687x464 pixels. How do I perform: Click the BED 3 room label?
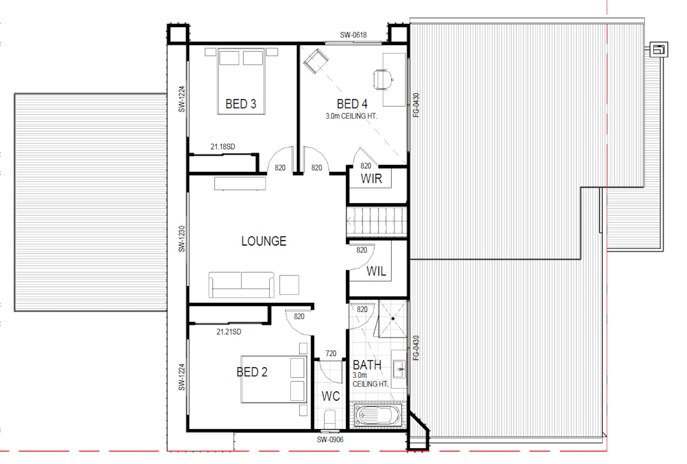coord(241,104)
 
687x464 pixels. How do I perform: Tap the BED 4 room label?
coord(352,104)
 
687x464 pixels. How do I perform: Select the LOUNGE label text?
coord(264,241)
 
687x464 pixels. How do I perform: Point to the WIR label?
coord(371,179)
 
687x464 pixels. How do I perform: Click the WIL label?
coord(376,271)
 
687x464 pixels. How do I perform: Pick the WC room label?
coord(331,396)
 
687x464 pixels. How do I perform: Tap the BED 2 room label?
coord(252,372)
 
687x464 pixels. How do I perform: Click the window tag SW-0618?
coord(353,35)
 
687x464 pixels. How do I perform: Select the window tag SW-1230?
coord(182,239)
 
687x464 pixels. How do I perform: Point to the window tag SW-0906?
coord(330,440)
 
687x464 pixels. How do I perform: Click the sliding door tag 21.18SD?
coord(223,147)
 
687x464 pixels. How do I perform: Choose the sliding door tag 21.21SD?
coord(229,332)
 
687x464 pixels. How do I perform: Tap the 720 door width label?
coord(331,354)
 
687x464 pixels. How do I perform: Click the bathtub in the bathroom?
coord(377,415)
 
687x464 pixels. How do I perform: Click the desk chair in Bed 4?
coord(383,80)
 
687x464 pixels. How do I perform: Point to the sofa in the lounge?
coord(241,285)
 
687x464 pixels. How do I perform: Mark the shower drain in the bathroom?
coord(393,319)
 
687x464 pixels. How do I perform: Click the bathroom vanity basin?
coord(399,369)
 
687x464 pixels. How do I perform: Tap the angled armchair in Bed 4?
coord(316,61)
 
